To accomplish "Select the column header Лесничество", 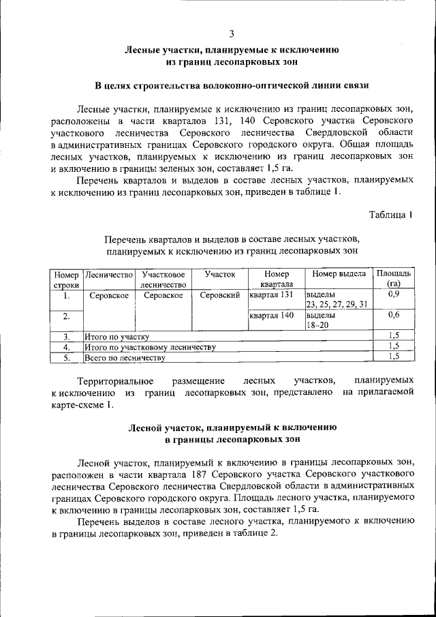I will (108, 273).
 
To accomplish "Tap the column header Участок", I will (219, 273).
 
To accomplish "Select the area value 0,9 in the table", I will (393, 295).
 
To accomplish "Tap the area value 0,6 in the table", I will (393, 316).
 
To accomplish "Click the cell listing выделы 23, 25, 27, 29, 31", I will (337, 299).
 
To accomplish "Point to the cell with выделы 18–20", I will (320, 320).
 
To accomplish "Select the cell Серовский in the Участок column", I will (219, 295).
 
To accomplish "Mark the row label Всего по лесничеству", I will (124, 357).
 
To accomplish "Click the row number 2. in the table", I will (67, 316).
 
